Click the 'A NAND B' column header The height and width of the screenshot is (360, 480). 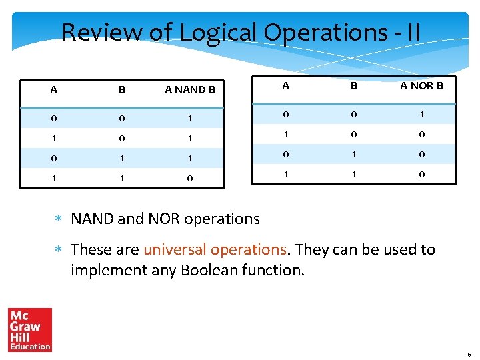(x=189, y=89)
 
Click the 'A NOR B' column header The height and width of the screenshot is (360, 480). (x=421, y=85)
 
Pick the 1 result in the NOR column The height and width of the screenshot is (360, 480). (x=421, y=114)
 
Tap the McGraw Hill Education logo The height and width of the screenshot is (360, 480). (x=30, y=329)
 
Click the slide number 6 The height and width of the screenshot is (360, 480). (x=469, y=354)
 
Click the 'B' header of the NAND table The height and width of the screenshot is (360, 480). (x=122, y=89)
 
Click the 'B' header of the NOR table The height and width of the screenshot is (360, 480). (x=354, y=85)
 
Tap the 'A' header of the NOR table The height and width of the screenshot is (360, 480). (x=285, y=85)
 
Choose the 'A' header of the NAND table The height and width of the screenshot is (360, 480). (x=53, y=89)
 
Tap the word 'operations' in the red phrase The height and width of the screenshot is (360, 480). (x=248, y=249)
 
